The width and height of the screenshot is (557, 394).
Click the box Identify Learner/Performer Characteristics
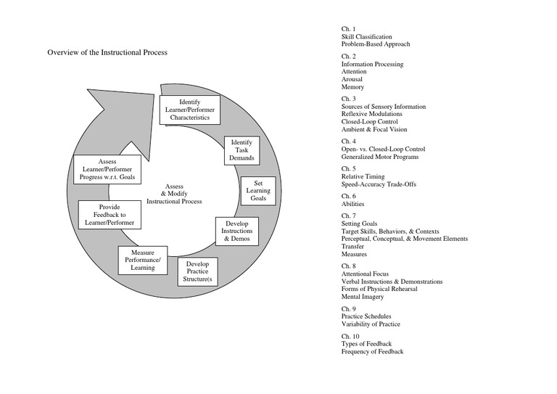tap(189, 110)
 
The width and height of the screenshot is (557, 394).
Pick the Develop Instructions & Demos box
tap(236, 231)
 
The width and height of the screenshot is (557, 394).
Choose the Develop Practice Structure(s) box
tap(197, 271)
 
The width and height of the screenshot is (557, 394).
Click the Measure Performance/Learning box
tap(143, 260)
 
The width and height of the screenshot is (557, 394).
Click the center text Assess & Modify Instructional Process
tap(173, 193)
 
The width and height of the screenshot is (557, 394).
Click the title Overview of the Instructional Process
tap(107, 53)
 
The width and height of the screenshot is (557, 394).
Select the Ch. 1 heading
tap(348, 28)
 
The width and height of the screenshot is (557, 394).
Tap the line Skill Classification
tap(366, 36)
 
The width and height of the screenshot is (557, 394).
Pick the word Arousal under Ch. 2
tap(353, 79)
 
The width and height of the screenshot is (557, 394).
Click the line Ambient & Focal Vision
tap(374, 130)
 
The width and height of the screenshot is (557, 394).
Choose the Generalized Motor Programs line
tap(379, 157)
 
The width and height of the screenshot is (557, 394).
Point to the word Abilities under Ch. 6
tap(353, 204)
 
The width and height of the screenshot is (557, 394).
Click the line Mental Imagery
tap(363, 297)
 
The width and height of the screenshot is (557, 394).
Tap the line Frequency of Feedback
tap(372, 352)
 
